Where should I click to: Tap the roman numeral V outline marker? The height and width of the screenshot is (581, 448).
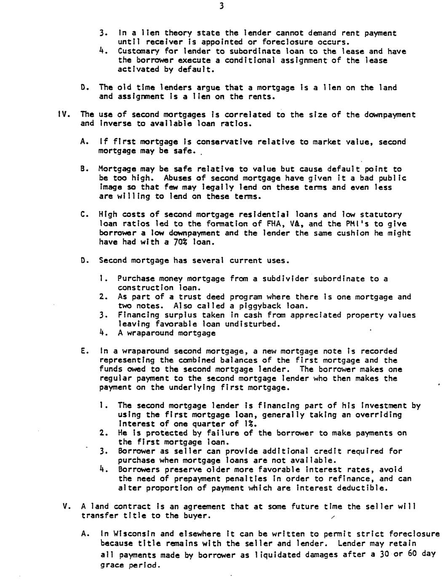[66, 506]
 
